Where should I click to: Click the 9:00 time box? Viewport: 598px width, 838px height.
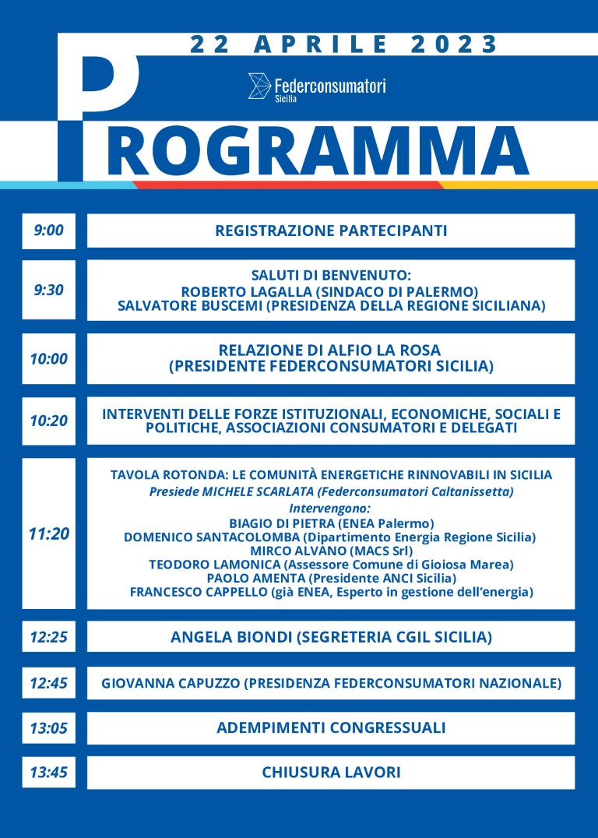[48, 231]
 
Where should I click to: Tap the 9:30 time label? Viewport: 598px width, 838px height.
[48, 290]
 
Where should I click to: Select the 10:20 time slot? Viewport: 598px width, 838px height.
[48, 421]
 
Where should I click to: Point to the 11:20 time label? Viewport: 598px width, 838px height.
[48, 533]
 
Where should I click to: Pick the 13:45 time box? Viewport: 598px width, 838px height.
[48, 773]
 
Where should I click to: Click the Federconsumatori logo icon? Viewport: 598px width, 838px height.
[259, 86]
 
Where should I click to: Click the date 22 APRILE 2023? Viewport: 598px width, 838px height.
[343, 44]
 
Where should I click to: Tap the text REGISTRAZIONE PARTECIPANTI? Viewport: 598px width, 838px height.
[331, 231]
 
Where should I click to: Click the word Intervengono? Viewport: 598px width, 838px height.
[331, 508]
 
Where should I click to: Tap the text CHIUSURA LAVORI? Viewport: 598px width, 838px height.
[331, 773]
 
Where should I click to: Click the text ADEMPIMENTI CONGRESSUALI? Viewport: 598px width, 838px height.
[331, 728]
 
